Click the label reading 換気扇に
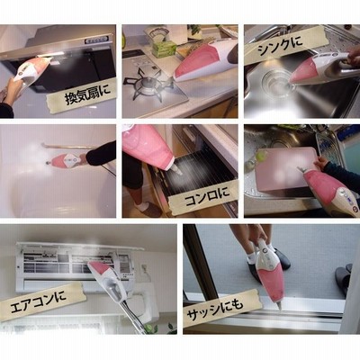(x=86, y=95)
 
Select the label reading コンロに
(x=206, y=197)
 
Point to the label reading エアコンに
(x=38, y=301)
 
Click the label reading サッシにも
(x=214, y=310)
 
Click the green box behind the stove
(x=164, y=49)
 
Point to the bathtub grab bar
(x=69, y=147)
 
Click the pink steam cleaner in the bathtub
(x=67, y=159)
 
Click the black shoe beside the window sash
(x=282, y=262)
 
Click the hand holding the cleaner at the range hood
(x=13, y=91)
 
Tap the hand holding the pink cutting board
(x=320, y=162)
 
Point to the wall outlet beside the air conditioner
(x=143, y=268)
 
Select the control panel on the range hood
(x=95, y=40)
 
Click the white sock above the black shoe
(x=251, y=257)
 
